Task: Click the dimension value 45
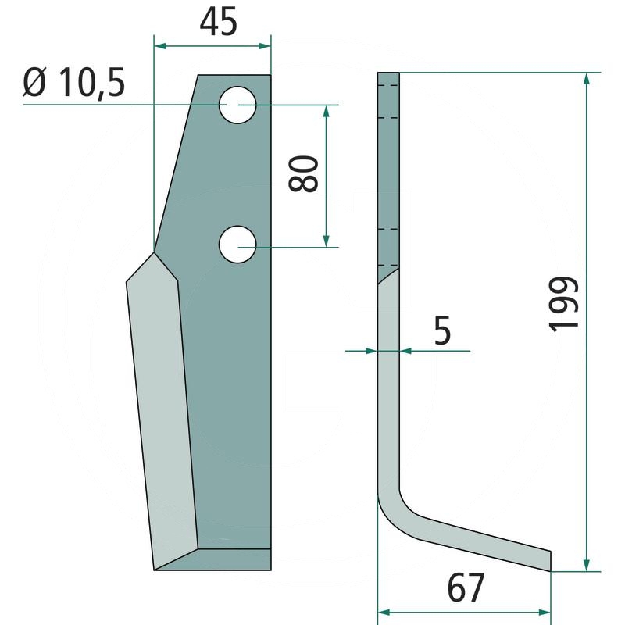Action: coord(218,22)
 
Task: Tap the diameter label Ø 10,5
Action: coord(74,83)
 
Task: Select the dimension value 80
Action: coord(303,173)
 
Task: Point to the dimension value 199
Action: coord(563,304)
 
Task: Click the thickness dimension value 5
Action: coord(442,330)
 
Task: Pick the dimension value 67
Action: coord(466,587)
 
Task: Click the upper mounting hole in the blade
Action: coord(237,105)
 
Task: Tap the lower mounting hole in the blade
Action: coord(237,245)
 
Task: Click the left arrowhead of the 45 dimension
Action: coord(160,46)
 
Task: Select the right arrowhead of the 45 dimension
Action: coord(265,46)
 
